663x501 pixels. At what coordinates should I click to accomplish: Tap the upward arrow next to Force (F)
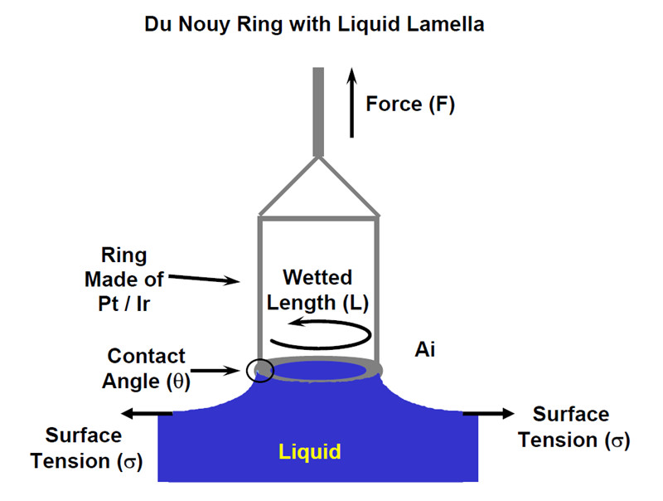351,103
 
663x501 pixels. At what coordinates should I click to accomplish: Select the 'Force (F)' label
411,105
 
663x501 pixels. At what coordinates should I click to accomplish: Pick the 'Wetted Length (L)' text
317,289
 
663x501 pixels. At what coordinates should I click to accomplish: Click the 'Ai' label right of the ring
426,350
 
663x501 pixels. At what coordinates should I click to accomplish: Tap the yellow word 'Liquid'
310,452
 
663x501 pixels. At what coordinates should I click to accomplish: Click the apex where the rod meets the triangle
319,157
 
